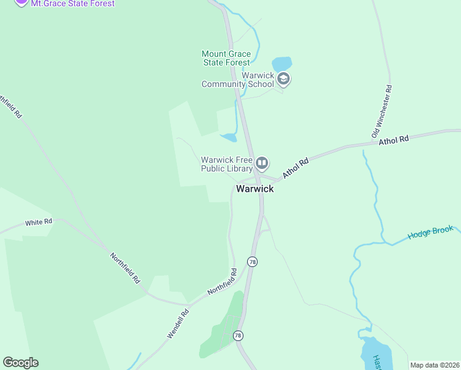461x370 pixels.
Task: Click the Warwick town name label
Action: (255, 189)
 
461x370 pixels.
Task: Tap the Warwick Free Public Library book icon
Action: (262, 163)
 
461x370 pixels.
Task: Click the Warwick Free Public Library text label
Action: (227, 164)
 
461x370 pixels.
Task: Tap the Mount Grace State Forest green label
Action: (226, 58)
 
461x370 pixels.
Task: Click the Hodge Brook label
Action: (430, 232)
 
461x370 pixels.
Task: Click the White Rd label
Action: (38, 221)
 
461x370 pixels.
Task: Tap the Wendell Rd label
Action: (178, 324)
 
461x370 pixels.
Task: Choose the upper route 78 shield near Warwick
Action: (252, 261)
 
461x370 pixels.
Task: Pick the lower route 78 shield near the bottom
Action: (238, 335)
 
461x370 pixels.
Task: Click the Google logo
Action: (20, 363)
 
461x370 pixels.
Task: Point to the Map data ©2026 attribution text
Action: (435, 365)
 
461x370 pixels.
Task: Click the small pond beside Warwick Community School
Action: (282, 64)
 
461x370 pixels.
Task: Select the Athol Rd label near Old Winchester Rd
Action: (394, 140)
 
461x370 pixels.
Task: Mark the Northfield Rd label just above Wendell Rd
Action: (222, 281)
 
